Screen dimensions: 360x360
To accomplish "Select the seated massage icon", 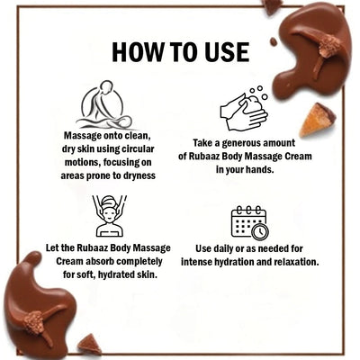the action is click(x=104, y=104).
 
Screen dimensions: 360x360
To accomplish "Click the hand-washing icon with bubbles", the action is click(x=245, y=109).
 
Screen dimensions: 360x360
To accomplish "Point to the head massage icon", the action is click(x=109, y=215).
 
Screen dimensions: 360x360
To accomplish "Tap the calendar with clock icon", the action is click(x=250, y=223).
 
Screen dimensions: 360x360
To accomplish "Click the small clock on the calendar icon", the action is click(x=260, y=231).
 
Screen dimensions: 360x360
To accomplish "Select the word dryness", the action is click(x=139, y=175).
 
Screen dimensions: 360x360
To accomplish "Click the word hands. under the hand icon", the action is click(x=260, y=169).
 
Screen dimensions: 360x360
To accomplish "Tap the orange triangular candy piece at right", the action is click(x=317, y=120).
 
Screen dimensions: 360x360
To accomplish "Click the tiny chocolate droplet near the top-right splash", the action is click(x=274, y=41).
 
